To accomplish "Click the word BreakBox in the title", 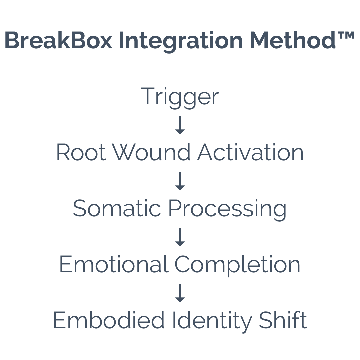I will [x=59, y=41].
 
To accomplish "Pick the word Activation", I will [x=250, y=152].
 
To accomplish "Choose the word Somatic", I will [x=117, y=209].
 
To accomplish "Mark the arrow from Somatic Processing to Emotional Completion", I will [x=180, y=237].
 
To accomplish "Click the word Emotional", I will [x=113, y=265].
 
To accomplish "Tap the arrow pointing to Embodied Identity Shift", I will [x=180, y=293].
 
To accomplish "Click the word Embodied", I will [x=109, y=320].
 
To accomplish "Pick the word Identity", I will [x=211, y=321].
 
